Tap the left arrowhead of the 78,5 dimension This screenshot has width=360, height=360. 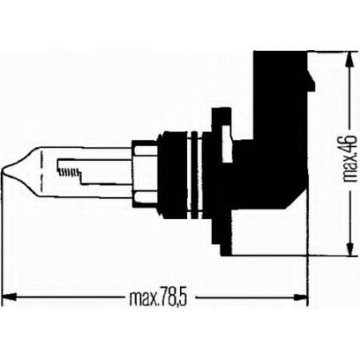(12, 300)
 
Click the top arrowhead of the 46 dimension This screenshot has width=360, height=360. (347, 60)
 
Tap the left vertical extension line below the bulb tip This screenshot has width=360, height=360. (6, 239)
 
